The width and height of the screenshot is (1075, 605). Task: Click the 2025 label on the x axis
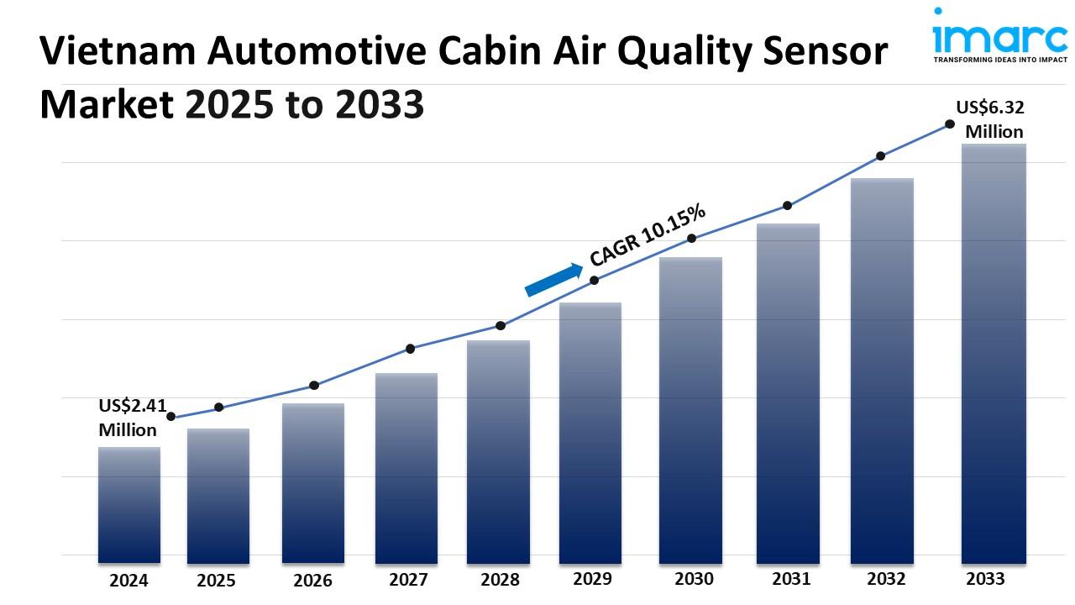click(217, 580)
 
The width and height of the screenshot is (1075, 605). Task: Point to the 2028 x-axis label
click(500, 580)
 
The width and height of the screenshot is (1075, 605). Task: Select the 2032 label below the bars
click(886, 579)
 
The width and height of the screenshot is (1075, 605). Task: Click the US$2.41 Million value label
click(128, 418)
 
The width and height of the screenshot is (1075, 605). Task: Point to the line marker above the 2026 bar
click(314, 385)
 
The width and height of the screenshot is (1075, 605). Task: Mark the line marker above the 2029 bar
click(594, 280)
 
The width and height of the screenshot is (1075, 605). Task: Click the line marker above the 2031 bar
click(788, 205)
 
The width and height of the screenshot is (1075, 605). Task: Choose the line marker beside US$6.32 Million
click(950, 124)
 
